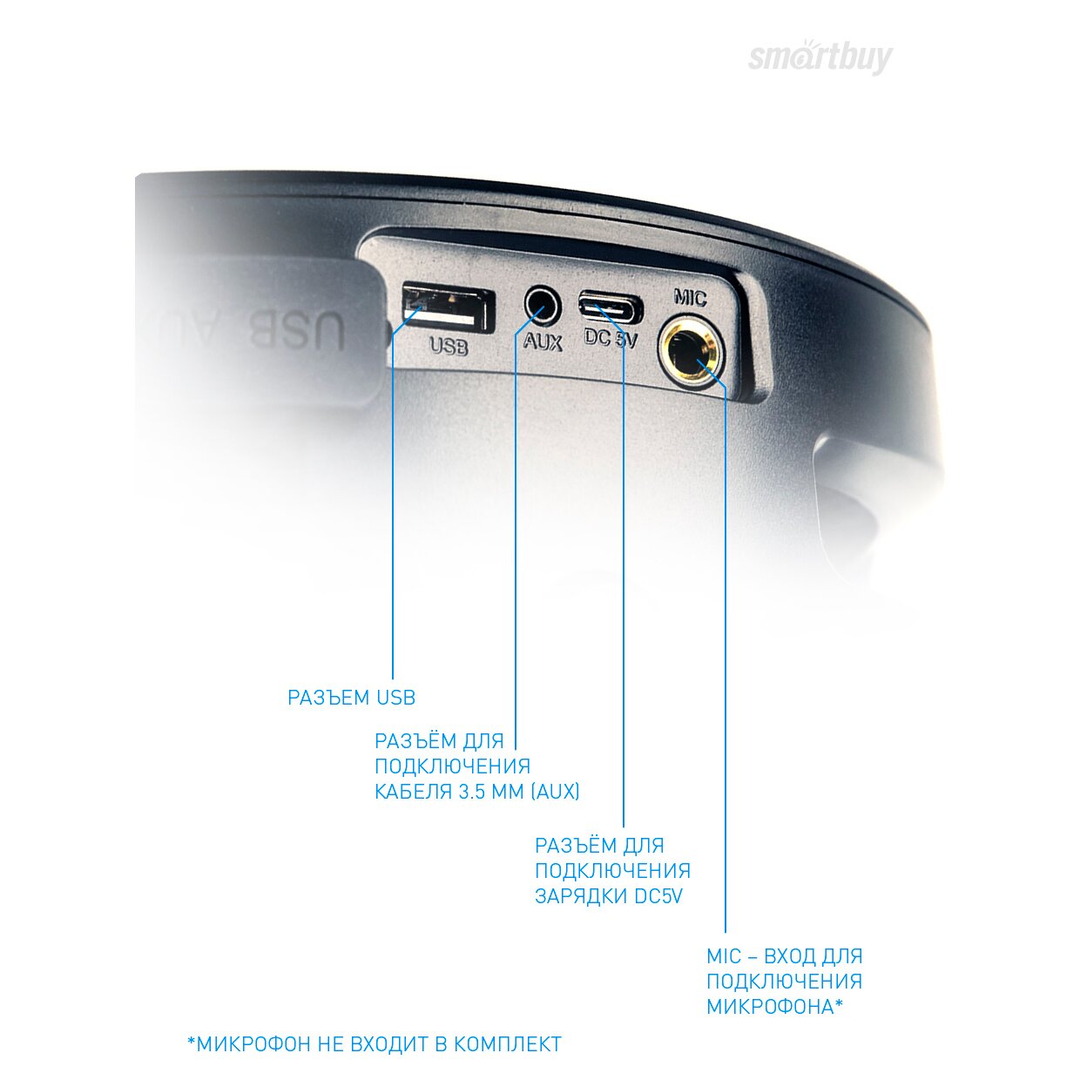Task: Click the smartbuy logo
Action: [x=820, y=57]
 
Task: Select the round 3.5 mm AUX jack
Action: [x=543, y=306]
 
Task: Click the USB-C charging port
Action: [x=611, y=307]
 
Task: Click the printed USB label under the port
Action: [x=449, y=347]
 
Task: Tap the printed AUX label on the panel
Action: [x=543, y=341]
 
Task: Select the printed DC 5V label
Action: [x=611, y=338]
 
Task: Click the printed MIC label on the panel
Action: [x=690, y=298]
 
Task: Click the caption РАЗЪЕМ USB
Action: [x=351, y=698]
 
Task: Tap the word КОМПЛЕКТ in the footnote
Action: [x=507, y=1044]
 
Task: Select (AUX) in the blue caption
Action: [x=556, y=792]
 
